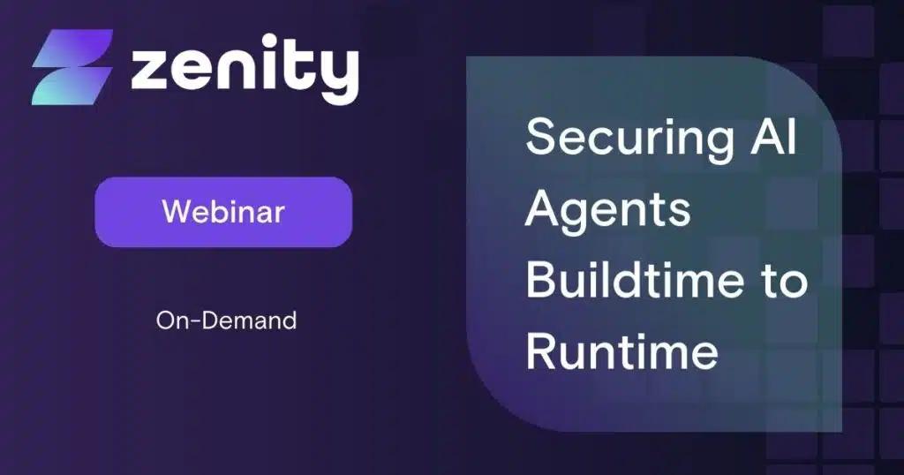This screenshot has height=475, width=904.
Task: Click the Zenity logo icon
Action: [x=72, y=67]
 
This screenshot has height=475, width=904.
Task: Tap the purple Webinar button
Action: [x=223, y=212]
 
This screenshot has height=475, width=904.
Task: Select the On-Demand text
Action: [x=226, y=320]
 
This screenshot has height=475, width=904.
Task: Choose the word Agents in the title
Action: [x=608, y=212]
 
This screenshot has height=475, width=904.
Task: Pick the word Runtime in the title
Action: [x=621, y=352]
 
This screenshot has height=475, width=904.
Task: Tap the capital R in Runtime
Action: [x=543, y=352]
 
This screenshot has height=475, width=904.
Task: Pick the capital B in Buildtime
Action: [x=543, y=281]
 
